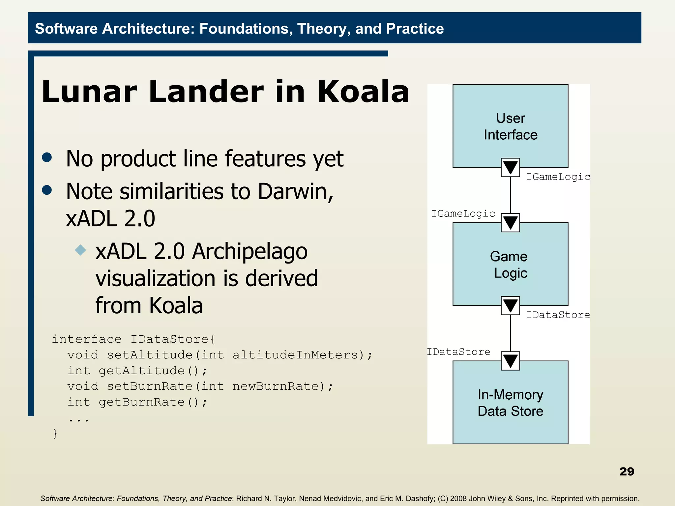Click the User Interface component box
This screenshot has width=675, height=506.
click(510, 126)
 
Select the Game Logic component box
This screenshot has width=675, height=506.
click(510, 264)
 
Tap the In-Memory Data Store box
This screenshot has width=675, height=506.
click(510, 403)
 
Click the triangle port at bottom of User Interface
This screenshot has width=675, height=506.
click(510, 168)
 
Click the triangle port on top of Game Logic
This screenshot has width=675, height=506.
click(510, 223)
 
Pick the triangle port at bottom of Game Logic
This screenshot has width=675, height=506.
click(510, 306)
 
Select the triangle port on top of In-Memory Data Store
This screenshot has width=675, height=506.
click(510, 361)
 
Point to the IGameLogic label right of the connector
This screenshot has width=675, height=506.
click(558, 177)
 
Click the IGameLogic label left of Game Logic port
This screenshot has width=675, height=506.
click(463, 214)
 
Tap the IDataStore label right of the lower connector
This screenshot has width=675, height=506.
click(558, 315)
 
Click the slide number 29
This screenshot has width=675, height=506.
click(627, 471)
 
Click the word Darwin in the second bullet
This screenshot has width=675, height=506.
click(295, 191)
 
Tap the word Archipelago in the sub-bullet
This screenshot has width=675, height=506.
click(250, 251)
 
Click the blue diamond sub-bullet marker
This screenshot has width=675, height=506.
click(80, 250)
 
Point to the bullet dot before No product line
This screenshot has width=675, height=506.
click(47, 157)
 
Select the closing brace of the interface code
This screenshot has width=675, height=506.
click(55, 434)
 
